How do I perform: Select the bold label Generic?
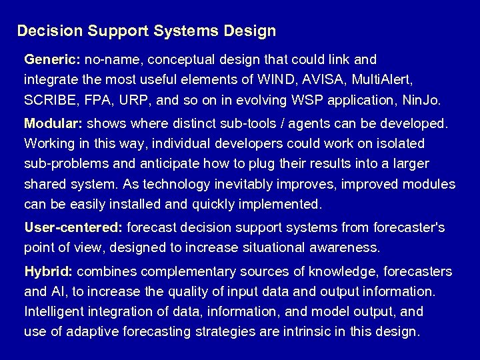pos(52,59)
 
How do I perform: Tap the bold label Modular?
pos(53,123)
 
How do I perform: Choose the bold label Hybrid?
pos(49,272)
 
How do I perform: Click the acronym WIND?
pos(274,80)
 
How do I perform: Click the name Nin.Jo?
pos(422,101)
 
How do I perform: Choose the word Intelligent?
pos(53,311)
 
